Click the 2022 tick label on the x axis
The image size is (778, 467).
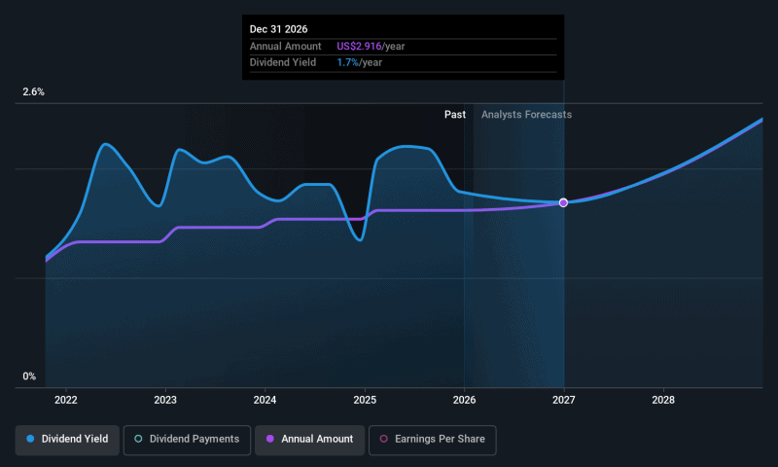click(66, 400)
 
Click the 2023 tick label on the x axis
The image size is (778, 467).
click(165, 400)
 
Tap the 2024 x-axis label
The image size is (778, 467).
click(265, 400)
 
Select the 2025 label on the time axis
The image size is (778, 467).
click(365, 400)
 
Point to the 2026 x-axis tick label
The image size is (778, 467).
click(464, 400)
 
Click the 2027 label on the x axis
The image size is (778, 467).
click(564, 400)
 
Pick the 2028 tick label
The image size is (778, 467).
click(663, 400)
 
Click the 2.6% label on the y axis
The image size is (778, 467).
click(34, 92)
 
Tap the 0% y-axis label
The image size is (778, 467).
click(29, 377)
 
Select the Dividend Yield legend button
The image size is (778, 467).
click(67, 440)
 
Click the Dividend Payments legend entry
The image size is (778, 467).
click(186, 440)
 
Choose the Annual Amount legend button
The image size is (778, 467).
click(310, 440)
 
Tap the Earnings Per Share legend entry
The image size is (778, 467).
click(433, 440)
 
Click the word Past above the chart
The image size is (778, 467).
click(454, 115)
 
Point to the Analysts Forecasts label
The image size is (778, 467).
click(526, 115)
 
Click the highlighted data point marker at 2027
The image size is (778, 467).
click(563, 202)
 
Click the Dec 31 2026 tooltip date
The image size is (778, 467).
click(279, 30)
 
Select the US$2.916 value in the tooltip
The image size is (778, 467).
click(351, 47)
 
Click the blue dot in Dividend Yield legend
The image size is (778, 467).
click(30, 440)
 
